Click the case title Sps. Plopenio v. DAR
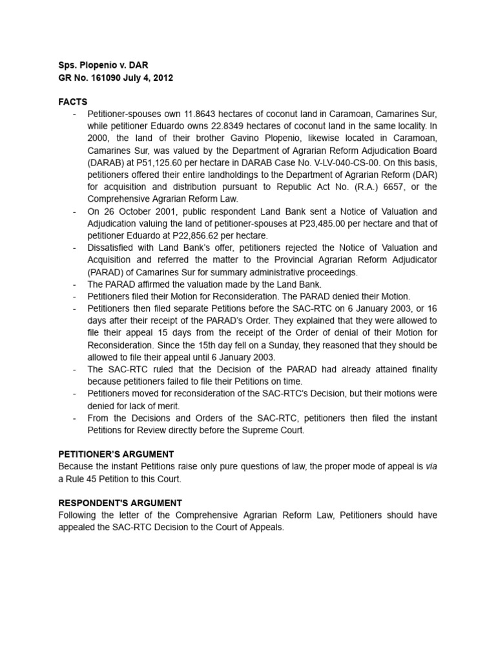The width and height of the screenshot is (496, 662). [104, 65]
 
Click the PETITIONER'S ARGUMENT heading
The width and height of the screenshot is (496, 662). [116, 454]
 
